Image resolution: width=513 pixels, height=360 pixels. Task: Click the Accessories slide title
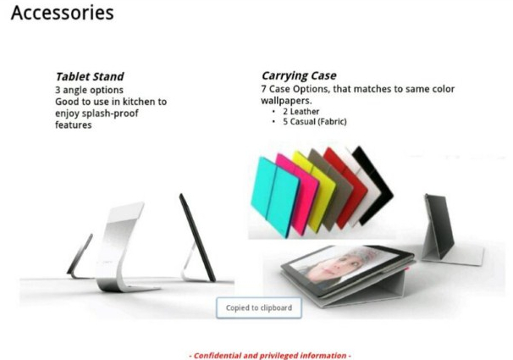tap(62, 13)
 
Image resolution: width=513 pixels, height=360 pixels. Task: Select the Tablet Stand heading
tap(90, 76)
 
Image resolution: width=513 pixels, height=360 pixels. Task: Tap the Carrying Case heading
tap(299, 75)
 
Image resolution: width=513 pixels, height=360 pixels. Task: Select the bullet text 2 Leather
tap(301, 112)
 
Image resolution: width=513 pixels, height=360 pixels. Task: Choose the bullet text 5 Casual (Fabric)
tap(315, 122)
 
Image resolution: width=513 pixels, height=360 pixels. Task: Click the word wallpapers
tap(286, 101)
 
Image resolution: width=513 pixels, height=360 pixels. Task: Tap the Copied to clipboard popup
tap(259, 307)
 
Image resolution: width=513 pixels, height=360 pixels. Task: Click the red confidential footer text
tap(270, 356)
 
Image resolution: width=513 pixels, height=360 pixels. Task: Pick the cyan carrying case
tap(275, 197)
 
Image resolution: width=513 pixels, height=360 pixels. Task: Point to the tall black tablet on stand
tap(197, 237)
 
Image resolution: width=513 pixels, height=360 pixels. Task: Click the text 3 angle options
tap(89, 90)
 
